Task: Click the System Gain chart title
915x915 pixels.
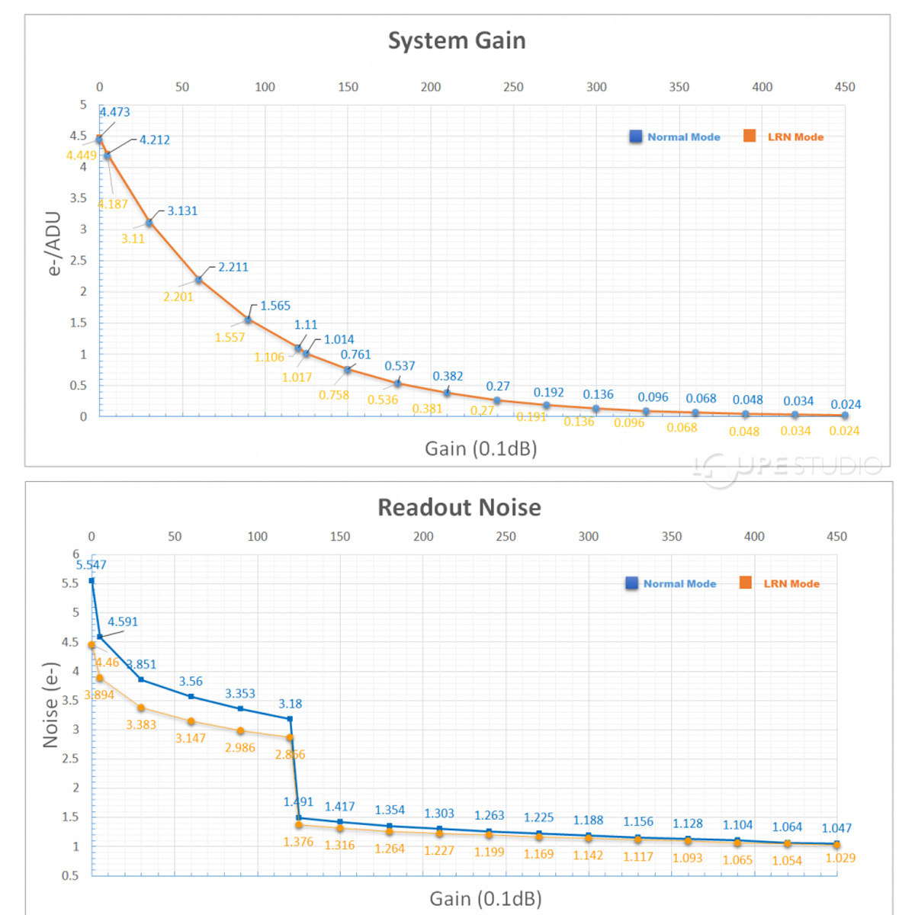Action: click(x=457, y=40)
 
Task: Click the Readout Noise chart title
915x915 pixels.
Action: click(x=459, y=507)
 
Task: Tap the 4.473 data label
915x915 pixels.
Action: click(x=114, y=112)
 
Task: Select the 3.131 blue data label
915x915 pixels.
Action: click(x=182, y=211)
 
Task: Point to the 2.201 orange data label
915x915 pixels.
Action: click(x=178, y=297)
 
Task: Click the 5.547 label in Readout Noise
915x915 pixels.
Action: click(x=91, y=565)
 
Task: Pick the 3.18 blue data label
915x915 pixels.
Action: click(x=290, y=704)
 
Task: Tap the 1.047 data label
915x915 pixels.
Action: click(x=836, y=828)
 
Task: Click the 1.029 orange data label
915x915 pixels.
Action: click(x=840, y=858)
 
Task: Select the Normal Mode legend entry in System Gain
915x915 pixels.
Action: click(x=675, y=137)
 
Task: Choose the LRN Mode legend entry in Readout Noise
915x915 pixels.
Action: click(x=781, y=583)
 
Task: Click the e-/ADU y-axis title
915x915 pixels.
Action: click(x=53, y=243)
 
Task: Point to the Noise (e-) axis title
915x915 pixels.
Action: click(x=50, y=705)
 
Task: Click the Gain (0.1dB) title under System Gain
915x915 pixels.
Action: click(x=480, y=448)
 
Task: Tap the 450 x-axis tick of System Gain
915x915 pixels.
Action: click(x=845, y=87)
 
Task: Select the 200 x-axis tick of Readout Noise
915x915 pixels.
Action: click(x=423, y=537)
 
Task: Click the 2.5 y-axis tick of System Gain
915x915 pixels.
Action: click(x=79, y=260)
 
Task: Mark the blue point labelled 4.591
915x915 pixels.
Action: click(x=100, y=637)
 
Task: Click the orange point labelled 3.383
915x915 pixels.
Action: click(x=141, y=708)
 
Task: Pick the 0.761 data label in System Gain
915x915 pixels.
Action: click(x=355, y=355)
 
